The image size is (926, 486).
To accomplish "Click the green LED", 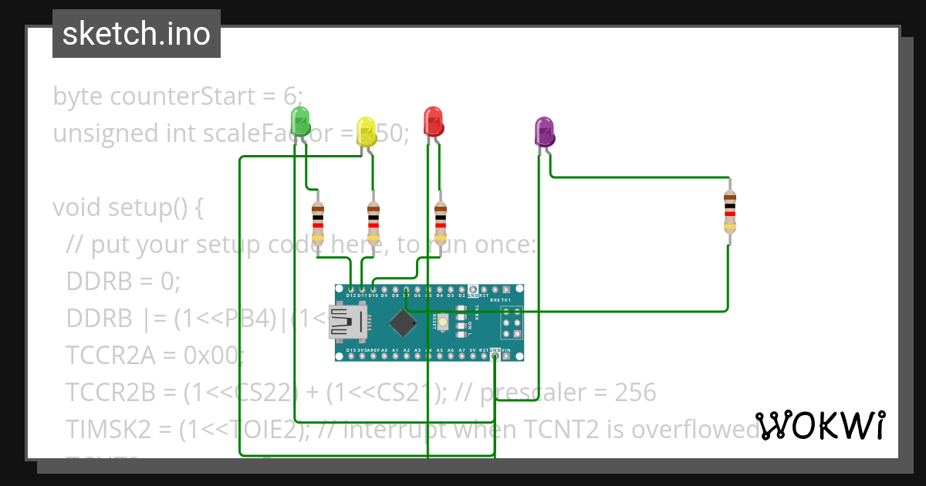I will (300, 121).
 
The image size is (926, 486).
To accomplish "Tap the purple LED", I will (545, 132).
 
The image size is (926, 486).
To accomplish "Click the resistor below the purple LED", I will (730, 211).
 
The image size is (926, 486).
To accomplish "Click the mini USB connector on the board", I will (346, 322).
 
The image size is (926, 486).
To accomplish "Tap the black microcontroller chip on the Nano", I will (402, 322).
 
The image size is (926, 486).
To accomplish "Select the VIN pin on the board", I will (506, 356).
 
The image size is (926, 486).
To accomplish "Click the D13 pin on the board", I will (351, 356).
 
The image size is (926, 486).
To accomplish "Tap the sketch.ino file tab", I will (137, 34).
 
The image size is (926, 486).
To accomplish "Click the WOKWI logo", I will (820, 425).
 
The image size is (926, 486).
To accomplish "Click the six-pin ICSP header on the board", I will (512, 323).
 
